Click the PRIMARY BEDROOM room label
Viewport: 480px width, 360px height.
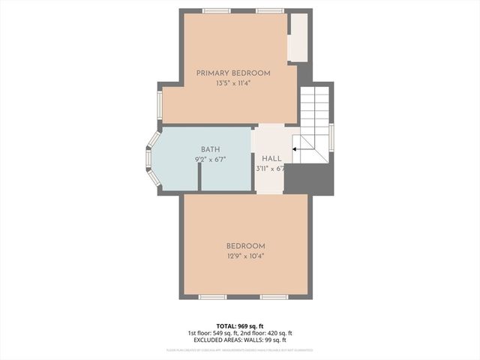pos(232,73)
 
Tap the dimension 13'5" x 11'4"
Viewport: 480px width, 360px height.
pos(232,83)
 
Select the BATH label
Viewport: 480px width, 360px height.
pos(210,150)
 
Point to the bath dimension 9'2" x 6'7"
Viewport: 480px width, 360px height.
pos(210,160)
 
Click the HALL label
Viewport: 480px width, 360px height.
pos(271,159)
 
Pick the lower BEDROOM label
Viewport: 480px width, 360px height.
pos(245,246)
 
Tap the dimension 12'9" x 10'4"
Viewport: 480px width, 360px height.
pos(245,256)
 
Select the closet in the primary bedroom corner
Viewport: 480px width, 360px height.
pos(298,37)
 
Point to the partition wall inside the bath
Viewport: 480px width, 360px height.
pos(199,177)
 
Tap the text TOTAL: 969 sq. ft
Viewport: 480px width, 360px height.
pos(240,325)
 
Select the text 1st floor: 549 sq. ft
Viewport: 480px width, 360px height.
pos(213,333)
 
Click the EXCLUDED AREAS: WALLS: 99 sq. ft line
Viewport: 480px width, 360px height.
pos(240,340)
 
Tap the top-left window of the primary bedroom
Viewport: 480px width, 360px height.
pos(216,11)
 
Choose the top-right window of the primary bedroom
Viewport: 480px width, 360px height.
pos(269,11)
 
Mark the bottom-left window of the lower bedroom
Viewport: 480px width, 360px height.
pos(212,297)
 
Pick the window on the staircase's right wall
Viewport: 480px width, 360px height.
pos(331,137)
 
